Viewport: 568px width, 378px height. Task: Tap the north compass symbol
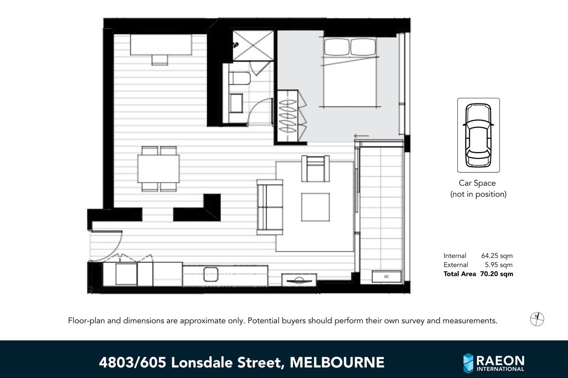(x=537, y=319)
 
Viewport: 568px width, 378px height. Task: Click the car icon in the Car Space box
(x=478, y=135)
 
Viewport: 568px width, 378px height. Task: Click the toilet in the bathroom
(x=239, y=80)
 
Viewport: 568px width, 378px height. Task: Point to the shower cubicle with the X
(x=253, y=46)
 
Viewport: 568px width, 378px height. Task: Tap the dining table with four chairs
(x=159, y=169)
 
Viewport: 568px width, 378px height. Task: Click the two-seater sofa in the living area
(x=269, y=207)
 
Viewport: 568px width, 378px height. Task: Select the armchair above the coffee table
(x=316, y=169)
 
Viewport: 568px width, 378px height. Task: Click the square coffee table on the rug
(x=315, y=207)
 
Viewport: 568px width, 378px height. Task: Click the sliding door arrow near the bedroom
(x=361, y=137)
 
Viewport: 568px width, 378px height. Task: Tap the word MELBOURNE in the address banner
(x=337, y=363)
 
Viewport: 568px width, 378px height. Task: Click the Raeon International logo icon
(x=468, y=363)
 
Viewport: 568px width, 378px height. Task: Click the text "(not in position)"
(x=478, y=194)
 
